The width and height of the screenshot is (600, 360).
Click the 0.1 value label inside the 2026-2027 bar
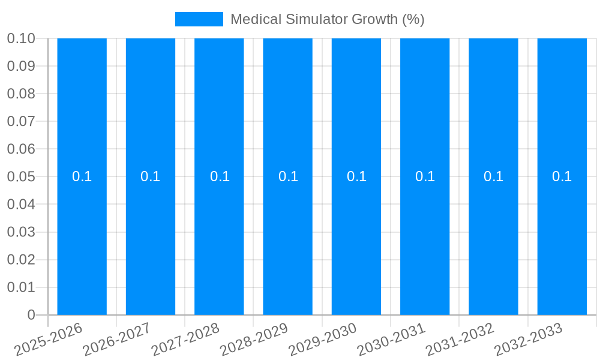150,176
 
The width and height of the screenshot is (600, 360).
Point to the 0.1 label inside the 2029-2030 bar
356,176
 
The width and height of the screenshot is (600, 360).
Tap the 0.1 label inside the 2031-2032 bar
493,176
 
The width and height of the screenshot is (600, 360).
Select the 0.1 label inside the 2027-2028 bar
220,176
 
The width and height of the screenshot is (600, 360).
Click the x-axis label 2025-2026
49,340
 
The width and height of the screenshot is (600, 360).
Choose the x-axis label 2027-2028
186,340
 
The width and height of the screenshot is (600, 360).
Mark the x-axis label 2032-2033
529,340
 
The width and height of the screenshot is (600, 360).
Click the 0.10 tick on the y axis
20,38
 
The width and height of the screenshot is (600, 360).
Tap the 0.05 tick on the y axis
20,177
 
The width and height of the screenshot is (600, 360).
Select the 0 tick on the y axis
31,315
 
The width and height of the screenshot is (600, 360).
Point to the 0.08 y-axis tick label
20,94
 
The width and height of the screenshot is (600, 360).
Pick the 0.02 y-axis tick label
20,260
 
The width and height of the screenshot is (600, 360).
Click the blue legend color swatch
199,19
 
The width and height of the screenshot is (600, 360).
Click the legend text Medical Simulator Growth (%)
327,19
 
